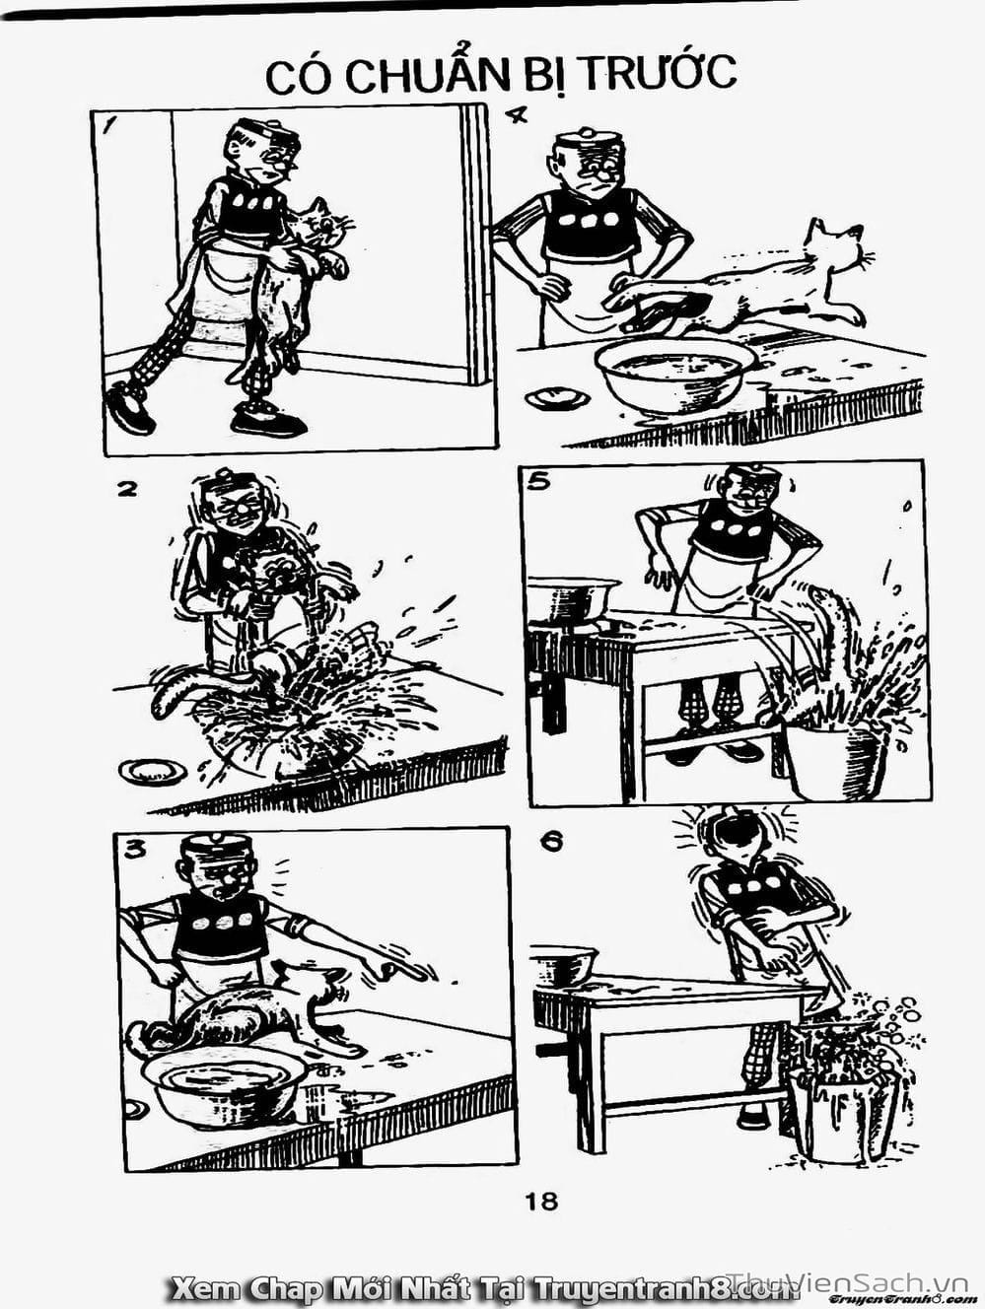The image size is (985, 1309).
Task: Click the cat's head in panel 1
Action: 322,224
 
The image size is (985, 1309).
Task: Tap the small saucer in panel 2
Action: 152,772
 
